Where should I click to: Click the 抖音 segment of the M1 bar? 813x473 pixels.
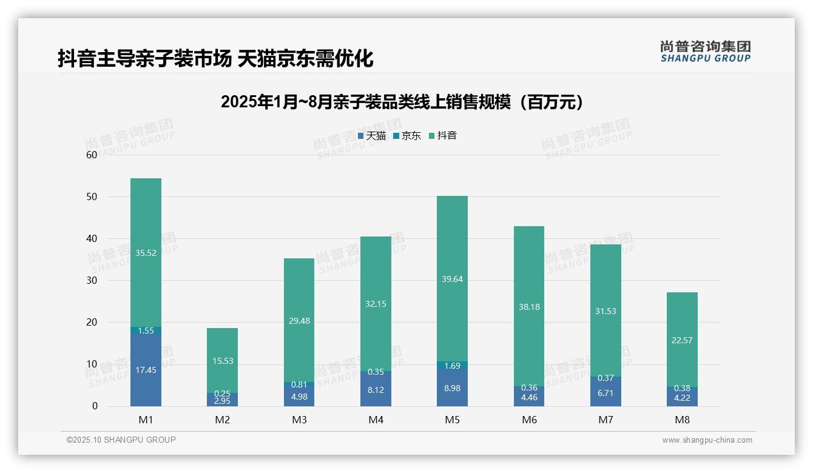[x=146, y=253]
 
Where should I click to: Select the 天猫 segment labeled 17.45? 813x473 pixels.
[x=146, y=370]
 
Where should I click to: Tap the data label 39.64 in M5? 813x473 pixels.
[x=452, y=280]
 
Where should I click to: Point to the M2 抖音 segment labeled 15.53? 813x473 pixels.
[x=223, y=361]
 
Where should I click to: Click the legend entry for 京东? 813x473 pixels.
[x=407, y=136]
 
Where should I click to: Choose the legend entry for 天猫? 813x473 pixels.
[x=371, y=136]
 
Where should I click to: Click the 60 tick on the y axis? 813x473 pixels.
[x=92, y=155]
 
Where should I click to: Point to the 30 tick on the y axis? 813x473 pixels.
[x=92, y=280]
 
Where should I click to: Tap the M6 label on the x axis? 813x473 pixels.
[x=529, y=420]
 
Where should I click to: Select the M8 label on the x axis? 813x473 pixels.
[x=682, y=420]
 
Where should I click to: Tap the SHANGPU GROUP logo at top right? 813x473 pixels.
[x=705, y=52]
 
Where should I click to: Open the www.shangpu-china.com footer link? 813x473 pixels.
[x=707, y=440]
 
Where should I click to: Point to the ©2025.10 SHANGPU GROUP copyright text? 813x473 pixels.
[x=121, y=440]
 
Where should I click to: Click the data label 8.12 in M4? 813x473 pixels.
[x=376, y=391]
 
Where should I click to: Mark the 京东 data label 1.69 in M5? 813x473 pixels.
[x=452, y=366]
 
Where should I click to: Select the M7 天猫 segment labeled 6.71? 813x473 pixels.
[x=606, y=393]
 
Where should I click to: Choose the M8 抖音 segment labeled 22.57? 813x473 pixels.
[x=682, y=340]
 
